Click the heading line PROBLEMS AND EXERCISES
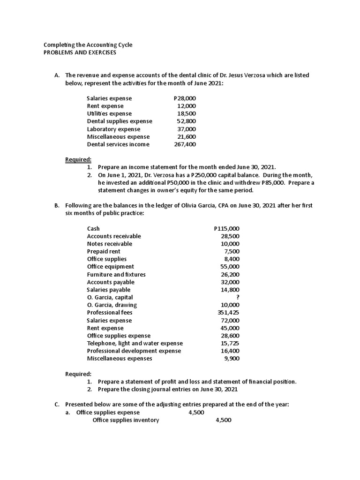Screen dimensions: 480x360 80,52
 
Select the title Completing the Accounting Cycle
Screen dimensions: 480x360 88,45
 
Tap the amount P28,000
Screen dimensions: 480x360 185,98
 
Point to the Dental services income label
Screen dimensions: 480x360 118,144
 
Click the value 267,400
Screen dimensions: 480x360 185,144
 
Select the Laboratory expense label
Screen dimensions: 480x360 113,129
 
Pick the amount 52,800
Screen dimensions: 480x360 186,121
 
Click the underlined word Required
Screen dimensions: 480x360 78,160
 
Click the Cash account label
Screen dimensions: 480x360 93,228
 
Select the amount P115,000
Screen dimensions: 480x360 226,228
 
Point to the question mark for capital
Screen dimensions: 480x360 238,297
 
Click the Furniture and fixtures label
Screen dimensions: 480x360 116,274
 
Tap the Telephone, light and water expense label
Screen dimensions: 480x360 135,343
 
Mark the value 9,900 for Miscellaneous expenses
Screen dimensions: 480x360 232,359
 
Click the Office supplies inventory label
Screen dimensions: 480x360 126,420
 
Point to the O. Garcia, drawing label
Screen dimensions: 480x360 112,305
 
